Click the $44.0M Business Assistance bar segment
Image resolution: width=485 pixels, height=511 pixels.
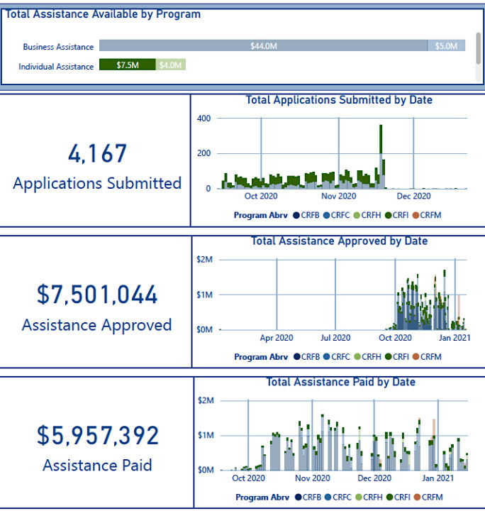[263, 46]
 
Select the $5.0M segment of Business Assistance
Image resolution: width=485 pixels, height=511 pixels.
[446, 46]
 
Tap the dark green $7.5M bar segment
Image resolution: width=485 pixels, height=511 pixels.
[127, 65]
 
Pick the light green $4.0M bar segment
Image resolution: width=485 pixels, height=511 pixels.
[170, 65]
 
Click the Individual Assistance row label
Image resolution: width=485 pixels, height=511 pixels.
[56, 67]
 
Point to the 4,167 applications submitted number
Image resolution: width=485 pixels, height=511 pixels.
[97, 154]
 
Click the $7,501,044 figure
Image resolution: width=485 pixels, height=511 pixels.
[97, 295]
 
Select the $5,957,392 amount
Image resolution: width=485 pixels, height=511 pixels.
[98, 435]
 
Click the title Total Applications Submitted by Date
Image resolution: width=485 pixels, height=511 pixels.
[339, 100]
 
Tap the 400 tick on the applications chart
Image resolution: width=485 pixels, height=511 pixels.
[204, 118]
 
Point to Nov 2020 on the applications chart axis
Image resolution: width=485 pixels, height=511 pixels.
[338, 196]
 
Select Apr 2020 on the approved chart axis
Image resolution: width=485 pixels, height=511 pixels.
[276, 338]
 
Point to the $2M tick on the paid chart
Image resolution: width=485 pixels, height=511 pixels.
[206, 400]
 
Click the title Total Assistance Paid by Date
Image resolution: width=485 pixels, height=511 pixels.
[340, 383]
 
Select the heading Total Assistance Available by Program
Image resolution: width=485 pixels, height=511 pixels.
[104, 14]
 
